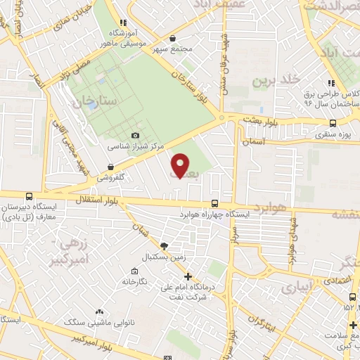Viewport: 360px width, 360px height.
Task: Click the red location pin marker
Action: click(x=181, y=165)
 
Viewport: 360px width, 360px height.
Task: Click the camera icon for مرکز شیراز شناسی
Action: click(x=135, y=135)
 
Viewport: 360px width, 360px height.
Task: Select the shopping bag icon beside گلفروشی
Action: click(x=110, y=167)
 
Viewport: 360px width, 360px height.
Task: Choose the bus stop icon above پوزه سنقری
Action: click(x=332, y=123)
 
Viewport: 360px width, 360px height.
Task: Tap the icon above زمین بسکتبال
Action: click(x=165, y=245)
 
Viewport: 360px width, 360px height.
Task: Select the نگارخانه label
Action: click(x=134, y=281)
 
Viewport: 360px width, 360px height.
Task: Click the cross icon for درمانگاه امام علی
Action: click(x=187, y=276)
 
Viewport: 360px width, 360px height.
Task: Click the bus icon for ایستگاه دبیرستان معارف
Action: click(x=28, y=197)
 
